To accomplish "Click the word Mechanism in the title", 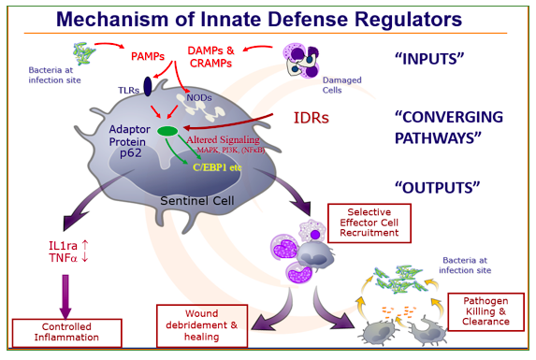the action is click(112, 19).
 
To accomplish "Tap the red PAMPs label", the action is click(148, 56).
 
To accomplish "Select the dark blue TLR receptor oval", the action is click(148, 86).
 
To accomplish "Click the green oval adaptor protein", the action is click(167, 131).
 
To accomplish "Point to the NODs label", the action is click(199, 98).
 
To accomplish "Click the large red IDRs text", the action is click(311, 118).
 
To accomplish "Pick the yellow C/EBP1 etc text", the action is click(217, 167).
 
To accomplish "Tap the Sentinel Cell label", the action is click(197, 200).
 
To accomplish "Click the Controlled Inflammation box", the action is click(67, 333).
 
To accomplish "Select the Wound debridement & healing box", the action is click(202, 325).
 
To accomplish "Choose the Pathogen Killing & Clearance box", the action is click(485, 311).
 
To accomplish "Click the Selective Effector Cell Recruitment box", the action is click(369, 223).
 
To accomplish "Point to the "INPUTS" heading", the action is click(429, 59).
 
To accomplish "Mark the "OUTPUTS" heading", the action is click(437, 188).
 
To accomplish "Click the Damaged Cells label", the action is click(341, 85).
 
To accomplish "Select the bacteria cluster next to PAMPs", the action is click(84, 53).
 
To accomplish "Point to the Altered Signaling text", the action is click(223, 139).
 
